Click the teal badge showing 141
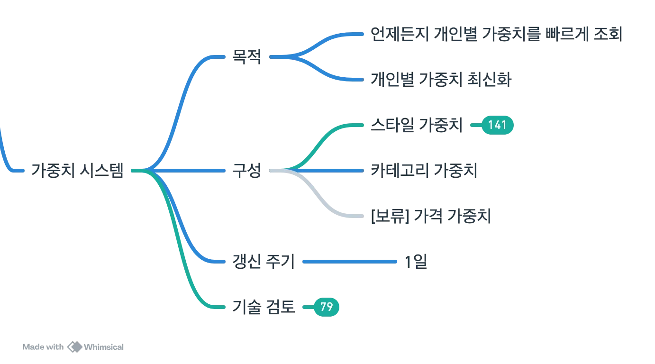(497, 125)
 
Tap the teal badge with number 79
(326, 307)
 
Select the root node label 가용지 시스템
(77, 170)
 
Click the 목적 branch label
(246, 57)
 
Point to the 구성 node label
(246, 170)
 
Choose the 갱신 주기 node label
(264, 261)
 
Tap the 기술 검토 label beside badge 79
(264, 307)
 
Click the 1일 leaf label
(417, 261)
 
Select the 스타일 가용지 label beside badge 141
(416, 125)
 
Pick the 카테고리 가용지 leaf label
(423, 170)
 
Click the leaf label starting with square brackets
(431, 216)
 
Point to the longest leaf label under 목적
(494, 33)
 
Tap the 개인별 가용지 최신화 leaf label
(440, 79)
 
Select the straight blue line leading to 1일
(349, 261)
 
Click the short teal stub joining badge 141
(476, 125)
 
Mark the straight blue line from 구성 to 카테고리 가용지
(332, 170)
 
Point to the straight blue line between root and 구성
(190, 170)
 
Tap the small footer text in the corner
(73, 347)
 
